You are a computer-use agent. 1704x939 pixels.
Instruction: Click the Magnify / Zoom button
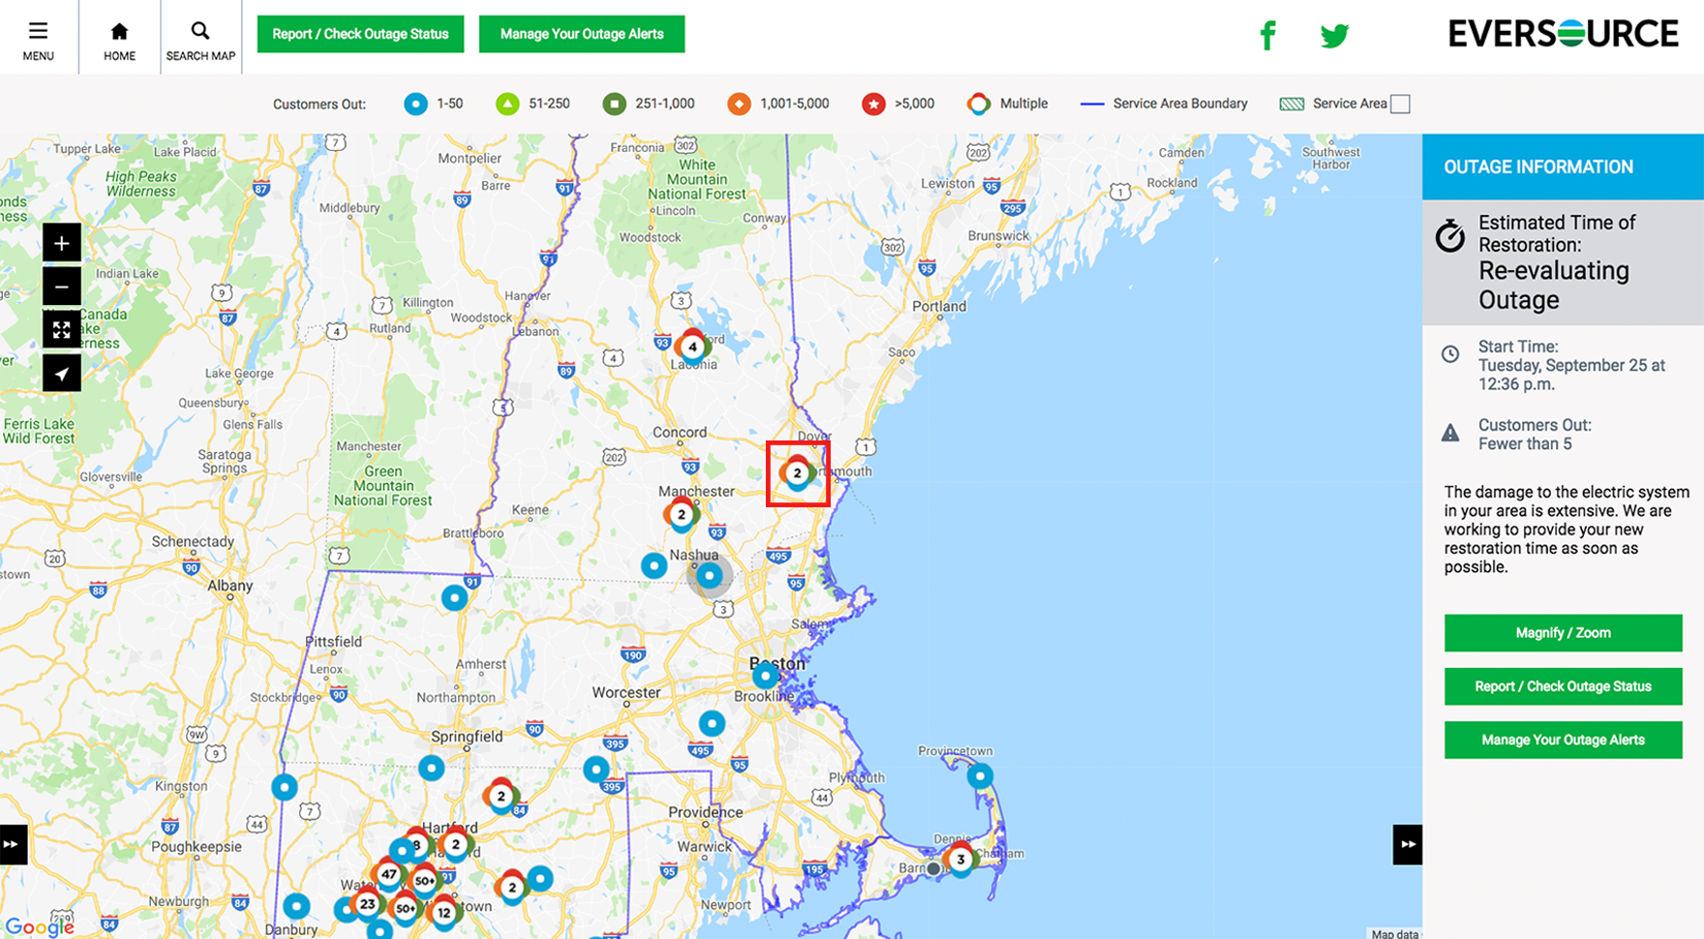[x=1563, y=633]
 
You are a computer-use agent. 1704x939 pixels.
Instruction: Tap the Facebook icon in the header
[x=1267, y=36]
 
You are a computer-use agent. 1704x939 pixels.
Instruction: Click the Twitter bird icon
[x=1334, y=36]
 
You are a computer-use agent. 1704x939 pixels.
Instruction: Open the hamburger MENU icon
[x=39, y=32]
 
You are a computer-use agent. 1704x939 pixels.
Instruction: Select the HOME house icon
[x=119, y=32]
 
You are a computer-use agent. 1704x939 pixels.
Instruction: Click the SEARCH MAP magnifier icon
[x=200, y=32]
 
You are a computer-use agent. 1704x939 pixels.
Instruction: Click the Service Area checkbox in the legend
[x=1400, y=105]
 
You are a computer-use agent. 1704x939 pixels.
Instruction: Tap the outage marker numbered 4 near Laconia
[x=692, y=347]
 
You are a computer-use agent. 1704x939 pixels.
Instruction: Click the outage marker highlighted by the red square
[x=797, y=473]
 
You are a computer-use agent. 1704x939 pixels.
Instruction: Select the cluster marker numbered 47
[x=389, y=874]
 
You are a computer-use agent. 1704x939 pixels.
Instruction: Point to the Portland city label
[x=939, y=307]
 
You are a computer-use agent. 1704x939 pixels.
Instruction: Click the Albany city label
[x=230, y=586]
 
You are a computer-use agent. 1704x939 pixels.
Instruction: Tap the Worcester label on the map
[x=626, y=693]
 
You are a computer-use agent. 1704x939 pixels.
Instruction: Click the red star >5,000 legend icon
[x=873, y=105]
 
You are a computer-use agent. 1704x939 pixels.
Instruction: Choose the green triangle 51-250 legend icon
[x=507, y=105]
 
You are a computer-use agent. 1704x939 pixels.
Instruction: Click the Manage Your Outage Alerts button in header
[x=582, y=34]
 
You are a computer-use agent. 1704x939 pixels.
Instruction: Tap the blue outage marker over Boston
[x=765, y=675]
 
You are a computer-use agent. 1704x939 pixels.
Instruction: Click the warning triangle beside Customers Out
[x=1450, y=433]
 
